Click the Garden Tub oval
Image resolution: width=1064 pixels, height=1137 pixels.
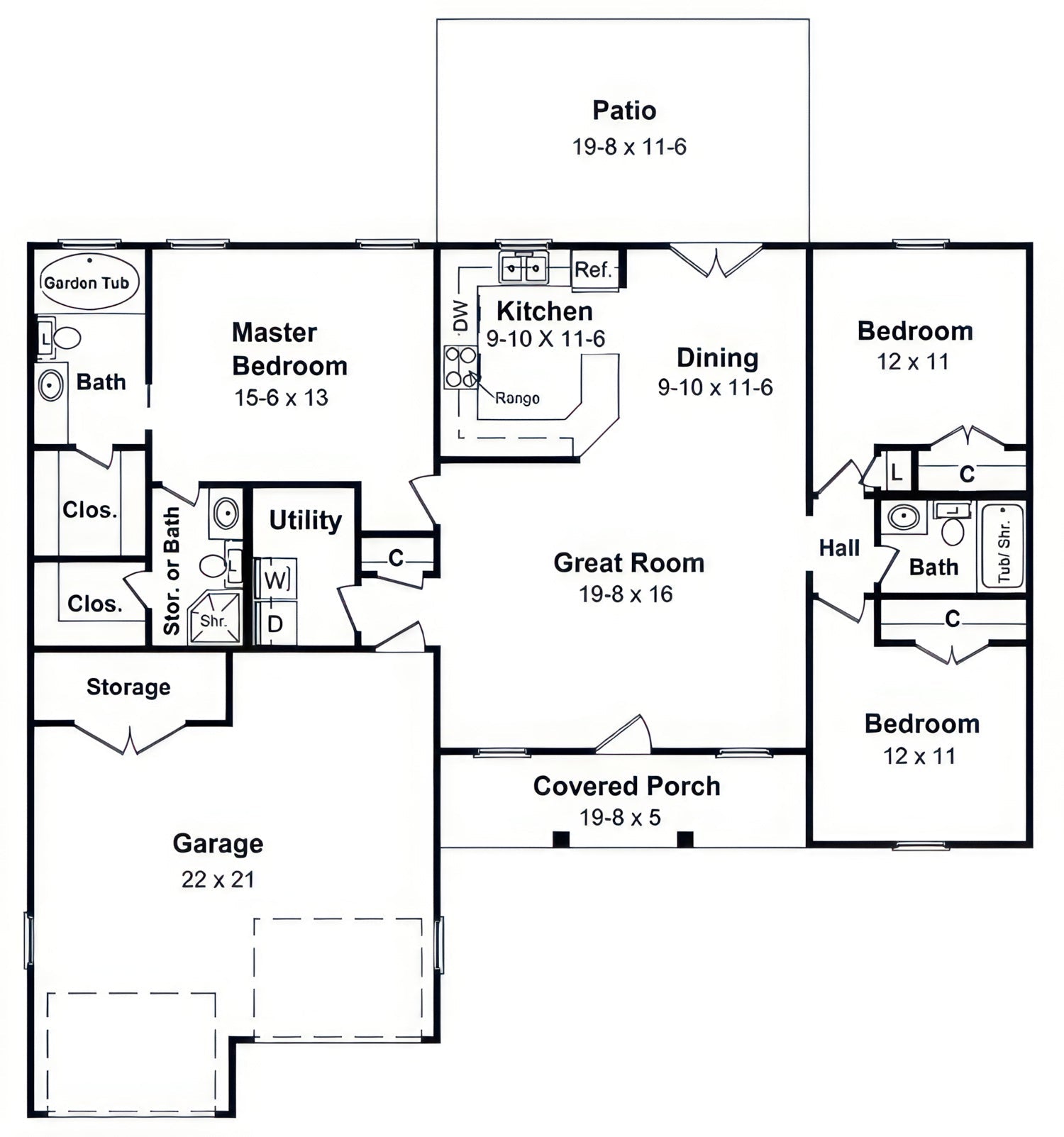[89, 282]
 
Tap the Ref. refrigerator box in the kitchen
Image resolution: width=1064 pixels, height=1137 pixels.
[594, 270]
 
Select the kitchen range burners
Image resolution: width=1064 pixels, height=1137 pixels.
[460, 367]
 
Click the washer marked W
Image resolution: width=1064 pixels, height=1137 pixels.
[275, 579]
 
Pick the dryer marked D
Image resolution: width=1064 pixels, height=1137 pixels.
[275, 623]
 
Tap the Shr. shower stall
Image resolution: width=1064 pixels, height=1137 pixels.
[214, 619]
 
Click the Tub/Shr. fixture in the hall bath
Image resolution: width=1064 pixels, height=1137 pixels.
[1002, 546]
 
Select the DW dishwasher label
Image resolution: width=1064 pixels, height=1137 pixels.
[461, 316]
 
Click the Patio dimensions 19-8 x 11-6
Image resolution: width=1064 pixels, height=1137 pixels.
[629, 147]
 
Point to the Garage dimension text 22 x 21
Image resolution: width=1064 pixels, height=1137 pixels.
[218, 880]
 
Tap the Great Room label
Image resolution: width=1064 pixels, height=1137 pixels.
[629, 562]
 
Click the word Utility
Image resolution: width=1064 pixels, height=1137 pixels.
[305, 521]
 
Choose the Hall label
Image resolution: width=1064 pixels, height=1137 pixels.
[839, 548]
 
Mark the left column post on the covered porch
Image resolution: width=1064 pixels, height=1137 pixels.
[561, 839]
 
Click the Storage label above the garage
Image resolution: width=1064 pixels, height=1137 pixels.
[128, 687]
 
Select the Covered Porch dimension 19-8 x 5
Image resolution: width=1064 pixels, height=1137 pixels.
[620, 817]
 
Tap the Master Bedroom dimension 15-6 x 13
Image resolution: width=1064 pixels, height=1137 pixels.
[282, 398]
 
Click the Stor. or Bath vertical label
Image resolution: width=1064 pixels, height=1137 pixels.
[172, 570]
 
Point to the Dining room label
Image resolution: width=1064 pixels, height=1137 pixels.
[717, 358]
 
